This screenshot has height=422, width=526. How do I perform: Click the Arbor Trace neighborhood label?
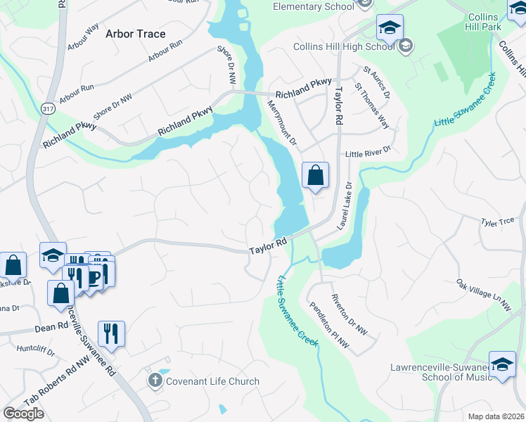[135, 33]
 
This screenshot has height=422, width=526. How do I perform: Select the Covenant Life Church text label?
[212, 381]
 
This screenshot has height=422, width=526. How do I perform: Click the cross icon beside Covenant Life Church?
[155, 381]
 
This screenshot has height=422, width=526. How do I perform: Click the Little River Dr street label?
[366, 153]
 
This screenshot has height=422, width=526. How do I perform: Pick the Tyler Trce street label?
[499, 222]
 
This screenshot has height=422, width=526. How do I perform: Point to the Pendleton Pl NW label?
[328, 325]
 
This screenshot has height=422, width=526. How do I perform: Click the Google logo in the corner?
[24, 414]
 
